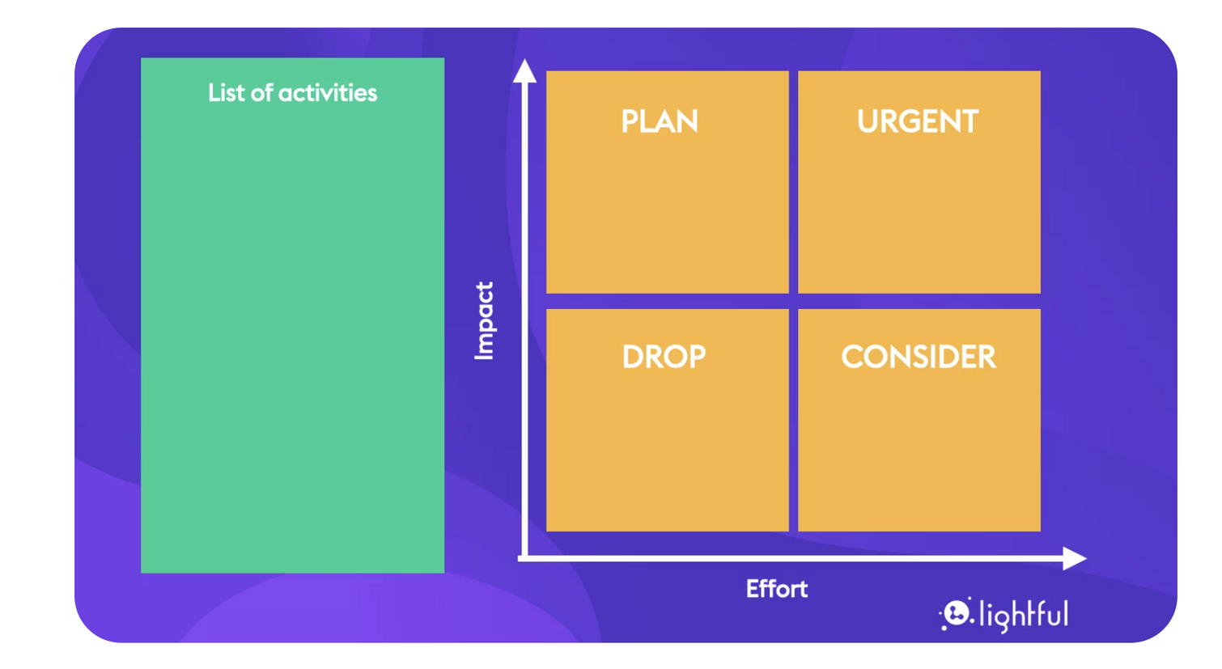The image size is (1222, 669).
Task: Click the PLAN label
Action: (x=659, y=121)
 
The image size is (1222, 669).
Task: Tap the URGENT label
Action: (x=918, y=121)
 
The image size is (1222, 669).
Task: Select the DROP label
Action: (x=664, y=357)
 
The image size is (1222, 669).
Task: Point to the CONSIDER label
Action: (x=919, y=357)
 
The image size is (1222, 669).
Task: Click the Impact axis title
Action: (x=484, y=320)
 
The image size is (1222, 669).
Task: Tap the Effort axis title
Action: (x=776, y=589)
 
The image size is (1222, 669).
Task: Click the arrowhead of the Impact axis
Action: (x=524, y=71)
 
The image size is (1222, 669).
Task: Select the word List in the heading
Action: (x=226, y=93)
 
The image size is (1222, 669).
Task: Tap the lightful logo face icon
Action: (x=957, y=613)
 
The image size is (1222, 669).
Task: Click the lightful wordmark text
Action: (x=1024, y=616)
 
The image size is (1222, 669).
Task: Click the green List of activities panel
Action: (x=292, y=340)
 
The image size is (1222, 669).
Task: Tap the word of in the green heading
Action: (x=261, y=93)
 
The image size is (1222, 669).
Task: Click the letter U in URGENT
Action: (x=868, y=121)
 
